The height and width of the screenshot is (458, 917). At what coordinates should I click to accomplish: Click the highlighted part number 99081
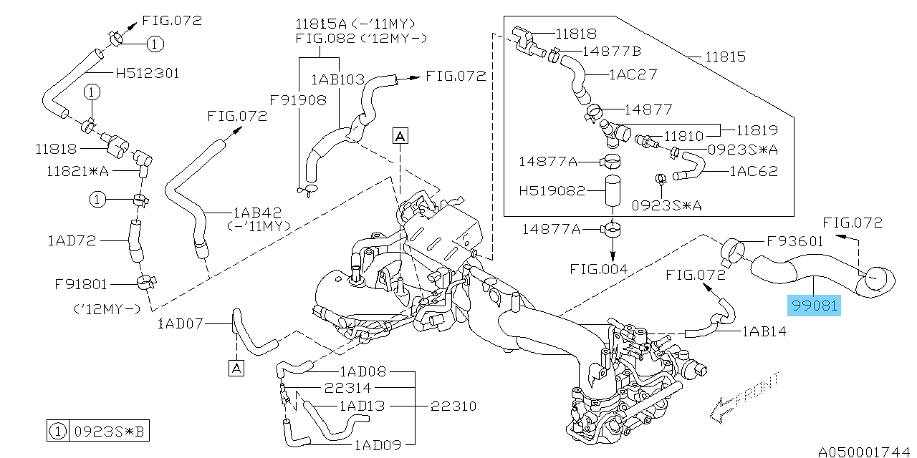click(814, 306)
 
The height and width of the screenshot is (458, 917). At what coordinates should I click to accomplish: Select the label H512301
click(147, 73)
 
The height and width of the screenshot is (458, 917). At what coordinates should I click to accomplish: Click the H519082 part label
click(552, 191)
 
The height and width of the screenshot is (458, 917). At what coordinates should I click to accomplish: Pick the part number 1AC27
click(633, 74)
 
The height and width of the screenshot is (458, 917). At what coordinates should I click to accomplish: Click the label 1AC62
click(754, 171)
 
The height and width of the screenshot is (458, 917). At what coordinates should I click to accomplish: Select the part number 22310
click(455, 406)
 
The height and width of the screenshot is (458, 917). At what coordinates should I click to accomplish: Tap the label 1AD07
click(181, 324)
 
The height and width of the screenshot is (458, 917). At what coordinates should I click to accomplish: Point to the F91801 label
click(81, 284)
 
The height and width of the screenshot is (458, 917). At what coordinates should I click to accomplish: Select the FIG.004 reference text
click(600, 269)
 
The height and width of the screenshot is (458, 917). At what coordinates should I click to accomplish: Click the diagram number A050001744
click(865, 452)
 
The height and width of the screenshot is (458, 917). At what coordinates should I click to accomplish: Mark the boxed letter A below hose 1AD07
click(236, 368)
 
